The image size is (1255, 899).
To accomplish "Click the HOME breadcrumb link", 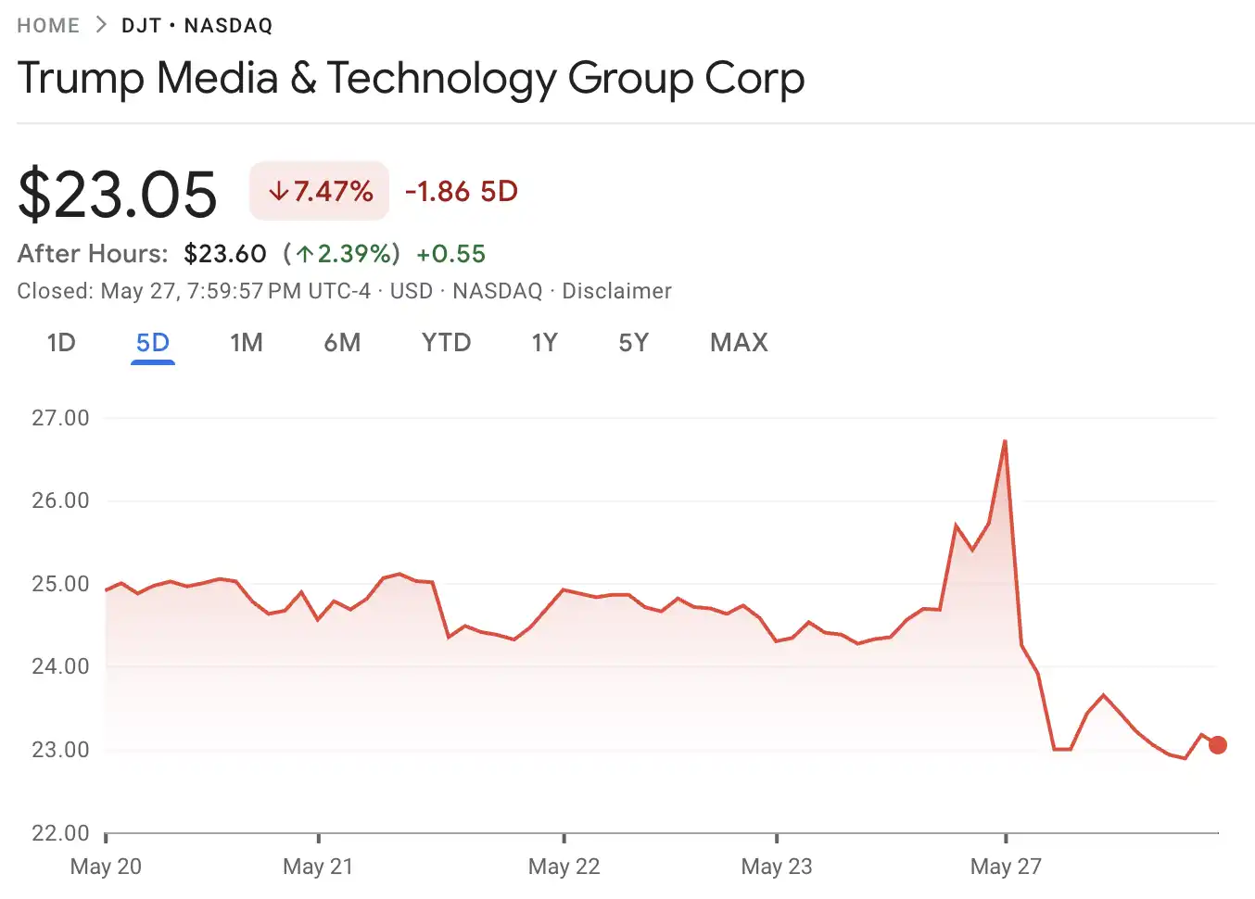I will (x=48, y=26).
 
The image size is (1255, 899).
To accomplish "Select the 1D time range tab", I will (x=61, y=343).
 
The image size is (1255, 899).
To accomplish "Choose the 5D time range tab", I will (x=153, y=343).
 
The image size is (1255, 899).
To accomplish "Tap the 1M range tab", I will (x=247, y=343).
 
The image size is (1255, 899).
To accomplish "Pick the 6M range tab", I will (x=342, y=343).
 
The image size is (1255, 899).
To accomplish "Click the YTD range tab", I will (x=446, y=343).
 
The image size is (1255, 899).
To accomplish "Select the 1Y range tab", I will (x=545, y=343).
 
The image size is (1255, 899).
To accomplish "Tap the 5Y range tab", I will (x=634, y=343).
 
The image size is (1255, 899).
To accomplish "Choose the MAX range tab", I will (x=739, y=343).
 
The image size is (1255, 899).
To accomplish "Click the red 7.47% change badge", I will (x=320, y=192).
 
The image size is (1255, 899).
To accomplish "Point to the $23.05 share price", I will (x=118, y=195).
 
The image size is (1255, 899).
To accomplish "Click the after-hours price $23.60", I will (x=225, y=254).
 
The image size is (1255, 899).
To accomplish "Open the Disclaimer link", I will (x=616, y=291).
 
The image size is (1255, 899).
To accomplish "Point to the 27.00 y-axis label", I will (x=61, y=418).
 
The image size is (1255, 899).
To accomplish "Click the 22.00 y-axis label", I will (x=61, y=833).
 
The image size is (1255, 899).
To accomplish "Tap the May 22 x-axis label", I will (x=564, y=867).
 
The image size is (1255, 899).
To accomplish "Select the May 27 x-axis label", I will (x=1006, y=867).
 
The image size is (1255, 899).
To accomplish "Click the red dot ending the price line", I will (x=1218, y=745).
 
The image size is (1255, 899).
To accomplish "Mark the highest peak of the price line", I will (x=1005, y=441).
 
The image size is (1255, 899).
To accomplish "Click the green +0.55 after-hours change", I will (x=451, y=254).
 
